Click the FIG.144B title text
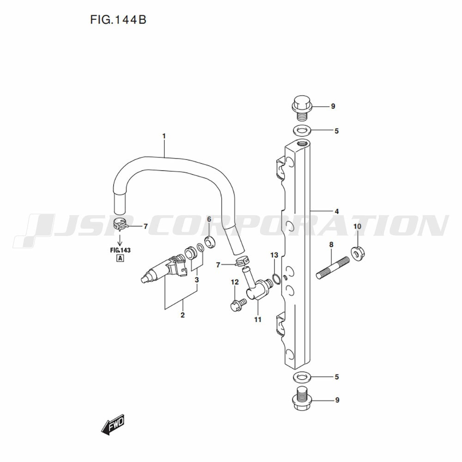click(118, 20)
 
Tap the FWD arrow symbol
click(113, 426)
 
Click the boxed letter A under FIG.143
click(120, 259)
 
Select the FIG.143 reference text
click(120, 250)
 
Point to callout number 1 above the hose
click(164, 136)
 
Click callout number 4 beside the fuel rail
click(336, 211)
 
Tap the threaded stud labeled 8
click(333, 268)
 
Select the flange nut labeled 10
click(358, 253)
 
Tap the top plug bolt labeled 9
click(301, 108)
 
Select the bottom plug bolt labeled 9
click(301, 400)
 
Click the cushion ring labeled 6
click(210, 242)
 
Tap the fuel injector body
click(164, 268)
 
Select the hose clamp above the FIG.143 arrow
click(121, 224)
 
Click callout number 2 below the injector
click(182, 315)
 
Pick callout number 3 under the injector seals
click(197, 280)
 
